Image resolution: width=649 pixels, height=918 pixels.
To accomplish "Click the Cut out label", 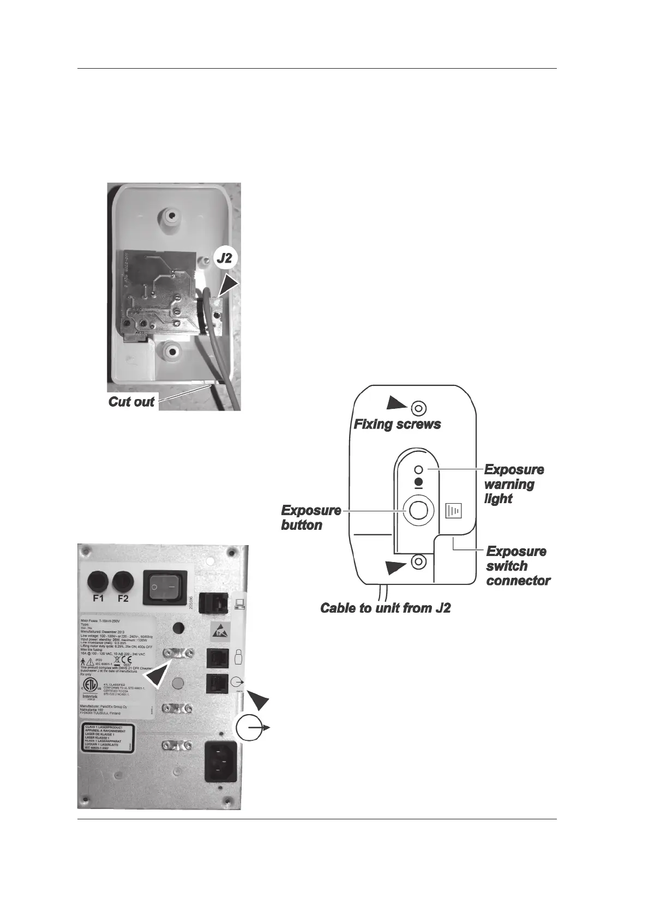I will (131, 402).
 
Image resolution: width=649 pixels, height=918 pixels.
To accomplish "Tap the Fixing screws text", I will (397, 424).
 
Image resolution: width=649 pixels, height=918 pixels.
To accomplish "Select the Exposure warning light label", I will (513, 484).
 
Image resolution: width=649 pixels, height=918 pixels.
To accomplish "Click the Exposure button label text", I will (310, 517).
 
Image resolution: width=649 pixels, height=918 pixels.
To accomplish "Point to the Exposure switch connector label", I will (517, 566).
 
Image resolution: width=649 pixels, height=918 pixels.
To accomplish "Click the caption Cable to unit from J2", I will (385, 608).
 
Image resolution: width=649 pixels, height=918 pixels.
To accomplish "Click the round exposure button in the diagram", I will (418, 510).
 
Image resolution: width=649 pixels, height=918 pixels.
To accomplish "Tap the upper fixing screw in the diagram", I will (418, 408).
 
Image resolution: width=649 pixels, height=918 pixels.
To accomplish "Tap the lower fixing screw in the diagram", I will (418, 561).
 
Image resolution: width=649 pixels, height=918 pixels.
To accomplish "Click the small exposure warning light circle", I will (419, 469).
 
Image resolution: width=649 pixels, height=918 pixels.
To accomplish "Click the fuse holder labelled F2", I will (123, 581).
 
